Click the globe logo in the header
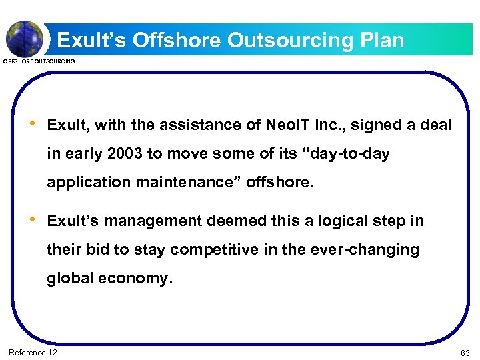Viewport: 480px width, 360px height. (25, 38)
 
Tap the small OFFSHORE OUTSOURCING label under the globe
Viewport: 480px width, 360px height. (39, 61)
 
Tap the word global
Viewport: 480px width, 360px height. (70, 279)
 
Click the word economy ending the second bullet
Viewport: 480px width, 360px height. (135, 279)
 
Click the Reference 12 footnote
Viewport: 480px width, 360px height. (33, 352)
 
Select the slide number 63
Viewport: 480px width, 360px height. (465, 353)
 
